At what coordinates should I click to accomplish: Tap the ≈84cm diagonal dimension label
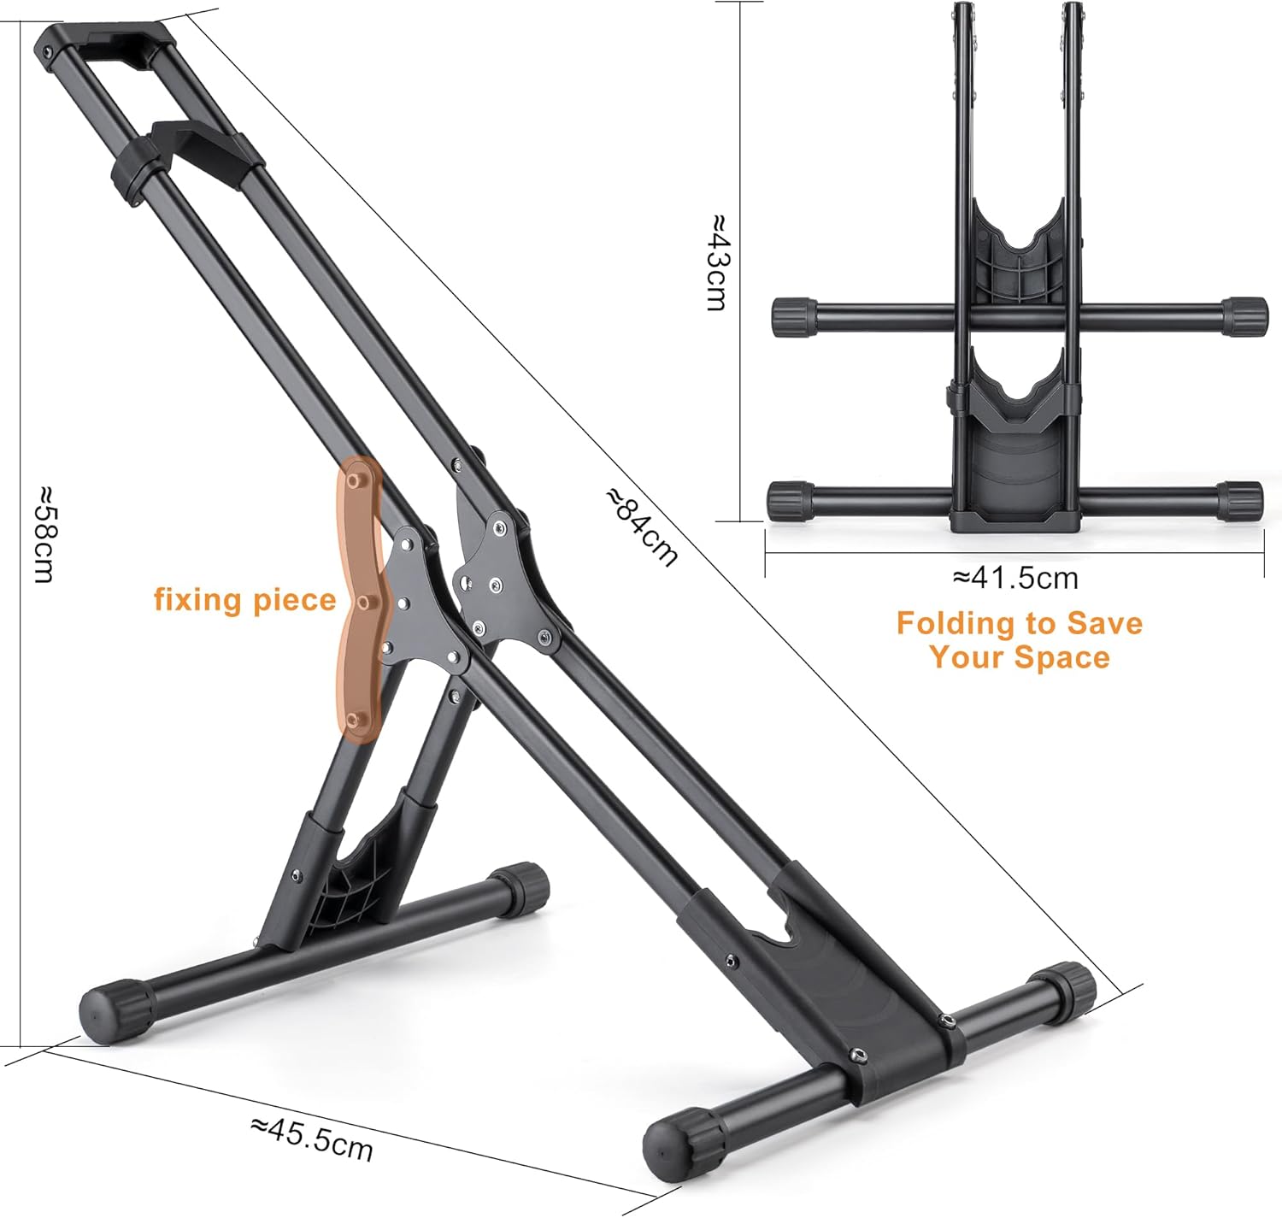click(643, 527)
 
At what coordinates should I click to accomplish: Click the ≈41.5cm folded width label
click(1015, 578)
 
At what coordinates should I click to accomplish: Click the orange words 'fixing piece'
click(244, 599)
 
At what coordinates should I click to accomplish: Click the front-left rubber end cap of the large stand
click(113, 1009)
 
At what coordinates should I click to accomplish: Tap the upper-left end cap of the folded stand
click(794, 317)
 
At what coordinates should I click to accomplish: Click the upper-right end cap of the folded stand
click(1244, 315)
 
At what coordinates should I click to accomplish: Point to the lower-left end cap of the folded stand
click(791, 500)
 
